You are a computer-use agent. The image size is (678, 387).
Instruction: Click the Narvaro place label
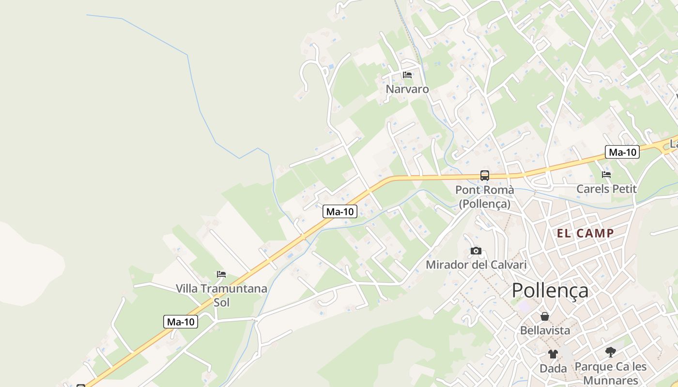click(407, 89)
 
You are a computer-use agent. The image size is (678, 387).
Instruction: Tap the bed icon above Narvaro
click(407, 75)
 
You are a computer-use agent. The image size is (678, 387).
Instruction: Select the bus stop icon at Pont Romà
click(484, 175)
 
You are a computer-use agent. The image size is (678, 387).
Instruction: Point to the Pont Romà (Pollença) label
click(484, 197)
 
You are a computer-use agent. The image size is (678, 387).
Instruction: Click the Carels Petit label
click(606, 189)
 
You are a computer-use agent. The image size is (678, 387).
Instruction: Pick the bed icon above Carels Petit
click(606, 175)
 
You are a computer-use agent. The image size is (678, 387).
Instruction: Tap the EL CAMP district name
click(585, 233)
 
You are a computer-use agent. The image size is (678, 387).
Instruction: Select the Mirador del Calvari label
click(476, 265)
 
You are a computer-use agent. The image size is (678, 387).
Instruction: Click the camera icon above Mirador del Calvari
click(476, 251)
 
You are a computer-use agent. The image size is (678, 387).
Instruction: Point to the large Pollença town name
click(550, 290)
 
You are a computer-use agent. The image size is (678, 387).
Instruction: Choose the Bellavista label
click(545, 330)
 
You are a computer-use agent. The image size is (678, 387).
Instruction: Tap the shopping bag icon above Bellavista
click(545, 316)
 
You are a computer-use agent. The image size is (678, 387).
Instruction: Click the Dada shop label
click(553, 368)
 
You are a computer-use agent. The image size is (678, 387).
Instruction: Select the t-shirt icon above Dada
click(553, 354)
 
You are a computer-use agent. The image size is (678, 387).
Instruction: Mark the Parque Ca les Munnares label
click(611, 373)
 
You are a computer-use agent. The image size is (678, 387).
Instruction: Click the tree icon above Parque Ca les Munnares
click(611, 352)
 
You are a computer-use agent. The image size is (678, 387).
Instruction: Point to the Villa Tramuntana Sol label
click(221, 295)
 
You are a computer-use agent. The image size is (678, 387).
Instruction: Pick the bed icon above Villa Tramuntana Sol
click(221, 274)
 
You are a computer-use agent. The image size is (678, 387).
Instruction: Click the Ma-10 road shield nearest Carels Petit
click(622, 152)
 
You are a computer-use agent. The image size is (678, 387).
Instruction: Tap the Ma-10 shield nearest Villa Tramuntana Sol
click(181, 322)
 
